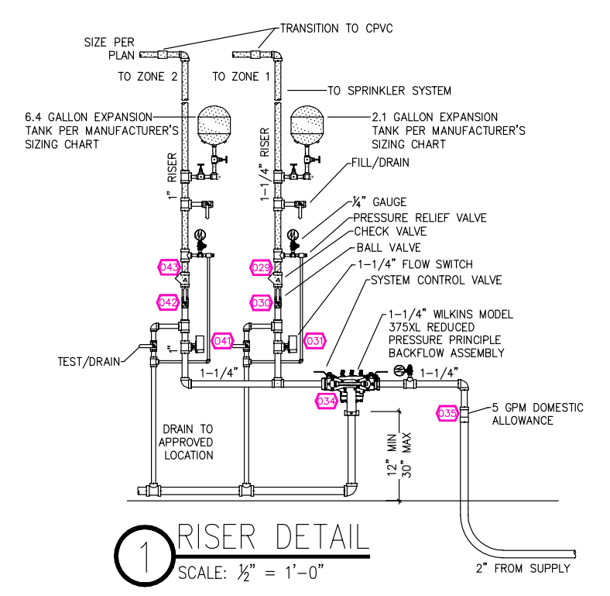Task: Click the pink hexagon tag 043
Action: [x=169, y=267]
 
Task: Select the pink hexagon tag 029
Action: [x=261, y=267]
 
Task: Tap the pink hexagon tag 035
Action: [x=447, y=413]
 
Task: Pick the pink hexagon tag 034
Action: [x=326, y=401]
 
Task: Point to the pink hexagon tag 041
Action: [x=222, y=341]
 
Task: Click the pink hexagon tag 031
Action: [x=314, y=341]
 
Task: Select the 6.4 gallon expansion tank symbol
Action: [x=214, y=125]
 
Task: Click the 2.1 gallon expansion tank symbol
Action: [x=307, y=125]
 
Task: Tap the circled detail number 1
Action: [x=145, y=556]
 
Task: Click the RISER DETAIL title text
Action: [x=273, y=537]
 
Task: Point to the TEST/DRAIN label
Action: [x=89, y=362]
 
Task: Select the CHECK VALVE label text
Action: [x=390, y=232]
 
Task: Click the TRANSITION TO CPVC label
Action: [x=337, y=29]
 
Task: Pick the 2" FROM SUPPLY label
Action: [x=523, y=568]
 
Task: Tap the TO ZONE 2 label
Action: [x=148, y=77]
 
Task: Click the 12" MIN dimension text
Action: [x=392, y=454]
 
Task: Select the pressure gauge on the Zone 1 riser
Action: [x=293, y=235]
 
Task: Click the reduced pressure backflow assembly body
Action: [x=351, y=384]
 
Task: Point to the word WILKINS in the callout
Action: [x=453, y=315]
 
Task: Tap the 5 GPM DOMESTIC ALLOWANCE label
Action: [x=538, y=414]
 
